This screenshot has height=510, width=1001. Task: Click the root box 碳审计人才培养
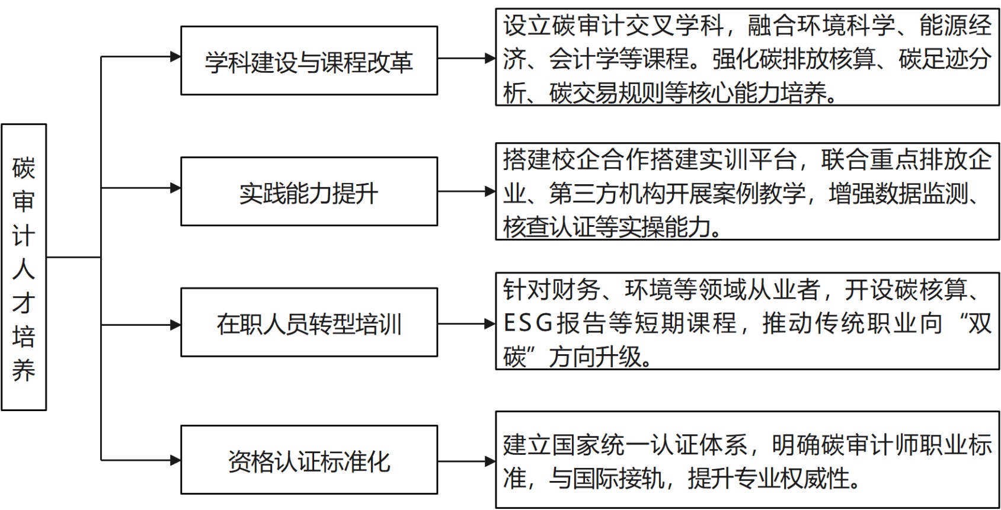(x=24, y=267)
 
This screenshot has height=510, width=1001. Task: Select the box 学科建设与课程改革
(x=309, y=60)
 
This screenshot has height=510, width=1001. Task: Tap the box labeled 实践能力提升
(x=309, y=191)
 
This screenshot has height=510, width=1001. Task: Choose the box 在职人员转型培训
(x=309, y=322)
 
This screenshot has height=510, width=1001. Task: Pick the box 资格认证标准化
(x=309, y=460)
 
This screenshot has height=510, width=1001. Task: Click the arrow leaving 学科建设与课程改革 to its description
(x=466, y=58)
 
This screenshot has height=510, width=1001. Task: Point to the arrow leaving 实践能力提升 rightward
(x=466, y=191)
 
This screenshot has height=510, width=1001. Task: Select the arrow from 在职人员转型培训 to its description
(x=466, y=323)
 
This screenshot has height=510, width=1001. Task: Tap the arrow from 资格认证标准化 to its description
(x=466, y=461)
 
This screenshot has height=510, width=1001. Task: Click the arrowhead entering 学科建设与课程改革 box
(x=175, y=57)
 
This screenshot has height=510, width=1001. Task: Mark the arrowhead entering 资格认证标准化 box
(x=175, y=460)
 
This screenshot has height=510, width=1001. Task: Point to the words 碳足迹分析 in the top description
(x=945, y=59)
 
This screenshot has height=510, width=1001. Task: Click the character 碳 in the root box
(x=24, y=168)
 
